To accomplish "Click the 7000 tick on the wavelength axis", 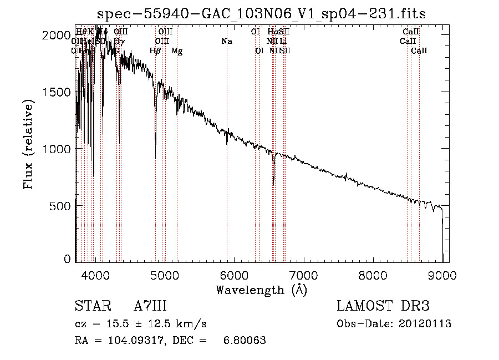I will [x=303, y=274].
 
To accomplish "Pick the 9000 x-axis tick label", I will [x=442, y=274].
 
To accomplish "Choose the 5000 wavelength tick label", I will [x=164, y=274].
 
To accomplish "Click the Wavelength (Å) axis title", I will [x=261, y=289].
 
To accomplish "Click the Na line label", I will [x=226, y=41].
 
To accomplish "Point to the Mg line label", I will [x=177, y=51].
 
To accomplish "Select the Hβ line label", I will [x=155, y=51].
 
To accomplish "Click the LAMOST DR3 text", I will [x=383, y=306].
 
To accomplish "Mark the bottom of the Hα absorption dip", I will [x=273, y=181].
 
